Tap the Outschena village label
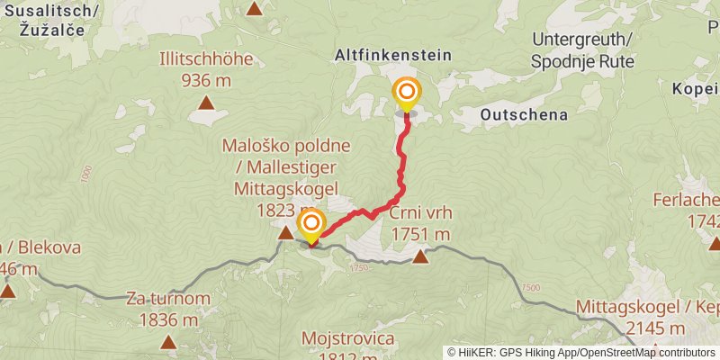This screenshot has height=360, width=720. pos(523,114)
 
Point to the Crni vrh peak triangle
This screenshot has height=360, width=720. pos(419,258)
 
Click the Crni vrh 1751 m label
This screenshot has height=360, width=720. pos(420,224)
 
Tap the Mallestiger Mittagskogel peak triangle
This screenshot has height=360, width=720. pos(285,234)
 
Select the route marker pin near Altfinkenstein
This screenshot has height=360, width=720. pos(407,92)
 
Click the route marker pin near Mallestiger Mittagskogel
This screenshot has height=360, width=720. pos(311,223)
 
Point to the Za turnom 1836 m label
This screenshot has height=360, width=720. pos(168,309)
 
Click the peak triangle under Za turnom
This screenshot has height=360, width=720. pos(169,341)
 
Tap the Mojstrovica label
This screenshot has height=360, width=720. pos(348,339)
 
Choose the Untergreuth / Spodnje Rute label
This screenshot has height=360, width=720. pos(582,50)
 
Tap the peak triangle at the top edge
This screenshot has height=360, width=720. pos(255,9)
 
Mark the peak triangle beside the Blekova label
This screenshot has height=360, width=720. pos(8,291)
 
